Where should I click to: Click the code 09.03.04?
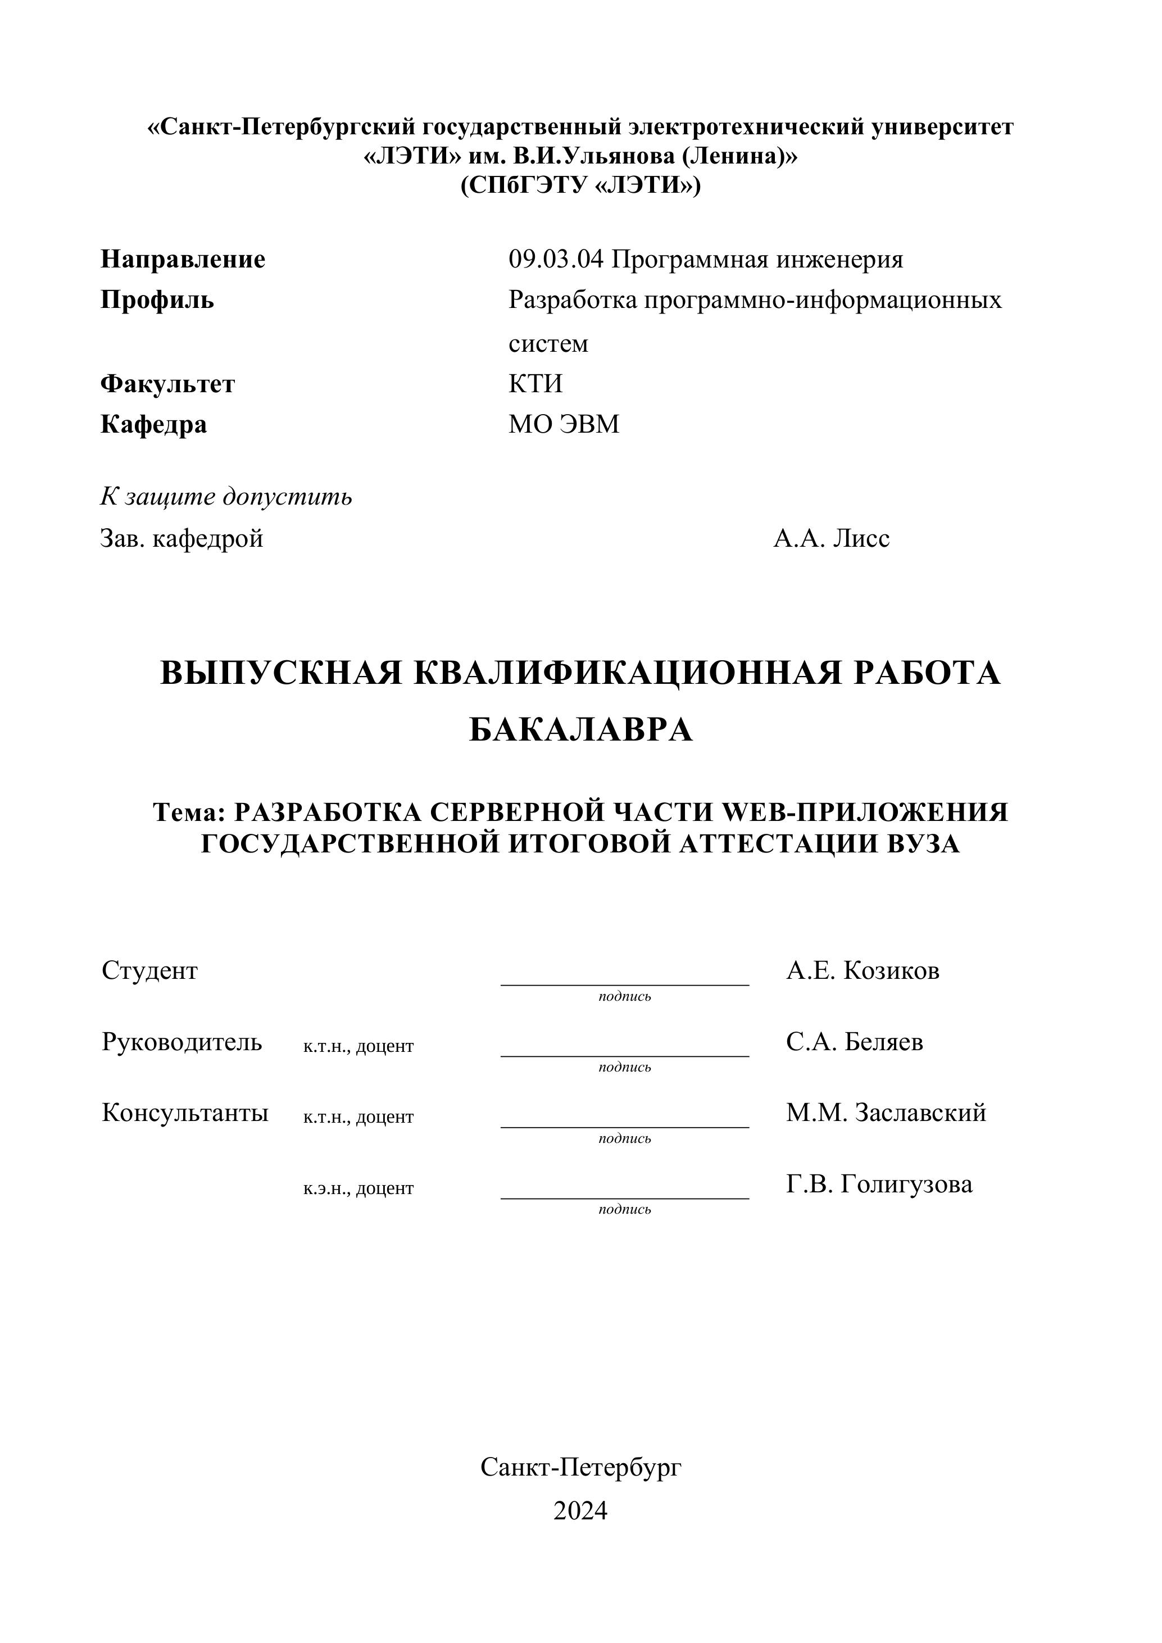click(x=556, y=259)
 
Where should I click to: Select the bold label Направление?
click(x=183, y=259)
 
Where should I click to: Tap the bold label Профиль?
click(x=157, y=300)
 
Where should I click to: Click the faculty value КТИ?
click(x=535, y=384)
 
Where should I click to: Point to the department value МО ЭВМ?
click(x=564, y=424)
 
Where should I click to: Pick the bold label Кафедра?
click(x=153, y=424)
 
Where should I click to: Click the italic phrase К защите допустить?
click(x=226, y=497)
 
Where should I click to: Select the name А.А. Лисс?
click(x=832, y=538)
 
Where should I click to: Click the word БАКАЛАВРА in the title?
click(x=580, y=730)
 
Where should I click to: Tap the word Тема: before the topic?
click(x=189, y=812)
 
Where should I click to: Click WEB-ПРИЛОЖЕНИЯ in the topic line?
click(x=866, y=812)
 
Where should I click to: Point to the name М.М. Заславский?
click(x=886, y=1113)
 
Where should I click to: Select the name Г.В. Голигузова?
click(x=879, y=1184)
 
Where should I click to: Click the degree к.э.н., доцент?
click(x=358, y=1188)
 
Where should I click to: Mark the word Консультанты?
click(x=185, y=1113)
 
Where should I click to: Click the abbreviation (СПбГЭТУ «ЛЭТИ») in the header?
click(x=580, y=185)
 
